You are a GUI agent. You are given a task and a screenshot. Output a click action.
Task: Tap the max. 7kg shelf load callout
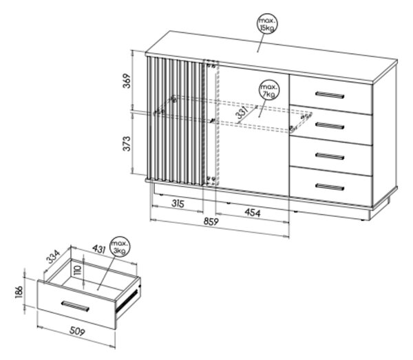coord(269,90)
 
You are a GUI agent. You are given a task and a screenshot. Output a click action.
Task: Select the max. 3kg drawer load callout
coord(120,247)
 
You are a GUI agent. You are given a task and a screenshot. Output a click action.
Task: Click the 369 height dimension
coord(127,81)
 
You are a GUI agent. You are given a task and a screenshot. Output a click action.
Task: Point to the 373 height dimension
coord(127,144)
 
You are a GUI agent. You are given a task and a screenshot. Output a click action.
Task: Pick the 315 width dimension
coord(178,203)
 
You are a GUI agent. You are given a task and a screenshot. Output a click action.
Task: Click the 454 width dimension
coord(253,213)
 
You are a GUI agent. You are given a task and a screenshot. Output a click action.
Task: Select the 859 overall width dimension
coord(211,222)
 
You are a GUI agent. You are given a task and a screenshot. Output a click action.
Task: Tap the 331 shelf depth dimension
coord(242,113)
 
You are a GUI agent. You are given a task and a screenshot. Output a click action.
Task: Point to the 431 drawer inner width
coord(98,249)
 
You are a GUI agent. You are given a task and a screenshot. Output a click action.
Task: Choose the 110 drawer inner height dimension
coord(78,271)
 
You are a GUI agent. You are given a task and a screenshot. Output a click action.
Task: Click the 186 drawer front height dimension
coord(19,293)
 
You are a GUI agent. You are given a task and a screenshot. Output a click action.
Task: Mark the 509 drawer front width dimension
coord(77,331)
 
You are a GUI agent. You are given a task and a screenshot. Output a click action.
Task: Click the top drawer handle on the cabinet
coord(330,95)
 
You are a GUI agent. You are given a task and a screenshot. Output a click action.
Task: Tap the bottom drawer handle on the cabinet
coord(330,187)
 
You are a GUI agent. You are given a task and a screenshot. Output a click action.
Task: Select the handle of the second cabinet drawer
coord(330,125)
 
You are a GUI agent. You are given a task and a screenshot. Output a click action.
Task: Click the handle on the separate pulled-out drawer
coord(75,306)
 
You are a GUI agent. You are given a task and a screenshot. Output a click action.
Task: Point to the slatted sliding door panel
coord(176,120)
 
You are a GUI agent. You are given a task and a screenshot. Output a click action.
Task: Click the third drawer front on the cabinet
coord(331,156)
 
